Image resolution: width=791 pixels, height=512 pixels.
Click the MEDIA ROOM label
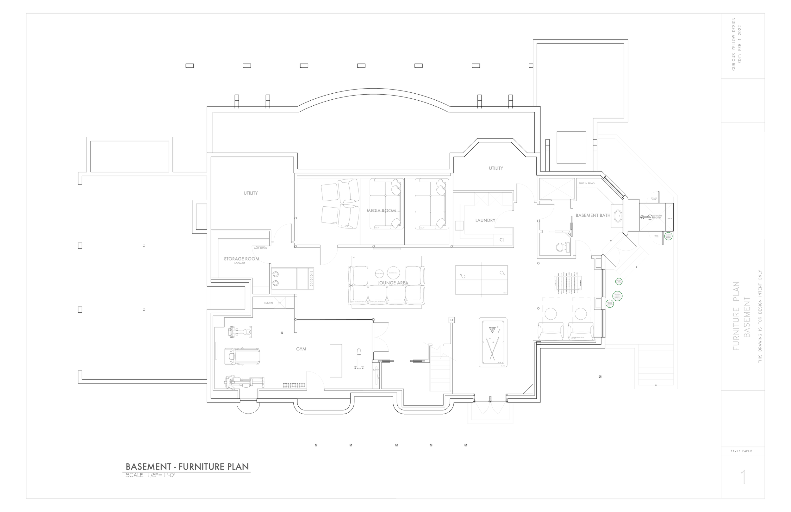click(x=381, y=210)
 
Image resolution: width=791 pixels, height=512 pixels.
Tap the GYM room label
click(x=301, y=349)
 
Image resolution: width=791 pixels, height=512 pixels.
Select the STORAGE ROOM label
click(x=241, y=259)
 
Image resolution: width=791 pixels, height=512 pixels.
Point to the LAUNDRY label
click(x=485, y=220)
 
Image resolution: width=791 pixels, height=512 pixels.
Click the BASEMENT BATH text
click(x=593, y=215)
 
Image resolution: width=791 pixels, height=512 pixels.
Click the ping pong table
click(x=481, y=280)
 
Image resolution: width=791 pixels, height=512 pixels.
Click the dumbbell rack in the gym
click(x=294, y=385)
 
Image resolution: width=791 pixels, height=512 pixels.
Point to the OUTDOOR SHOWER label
click(x=657, y=217)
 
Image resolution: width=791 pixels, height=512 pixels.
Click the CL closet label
click(x=502, y=240)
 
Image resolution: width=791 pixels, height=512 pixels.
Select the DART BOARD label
click(x=260, y=248)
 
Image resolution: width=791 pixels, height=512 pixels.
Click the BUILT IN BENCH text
click(x=587, y=183)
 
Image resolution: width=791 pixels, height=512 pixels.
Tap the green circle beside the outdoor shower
click(x=668, y=236)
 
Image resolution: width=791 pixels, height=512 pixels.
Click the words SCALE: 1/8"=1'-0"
click(x=150, y=475)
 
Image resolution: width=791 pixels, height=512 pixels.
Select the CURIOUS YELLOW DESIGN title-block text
click(x=733, y=44)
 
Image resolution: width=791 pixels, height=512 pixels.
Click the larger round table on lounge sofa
click(x=393, y=273)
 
